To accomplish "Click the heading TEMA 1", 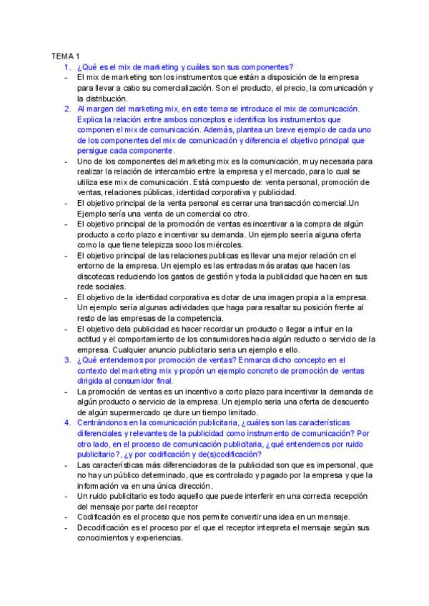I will coord(65,56).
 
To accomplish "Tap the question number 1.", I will coord(66,66).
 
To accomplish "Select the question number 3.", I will coord(66,360).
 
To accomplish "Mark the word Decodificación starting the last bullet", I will coord(112,527).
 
